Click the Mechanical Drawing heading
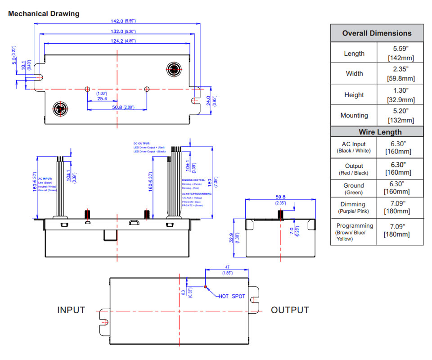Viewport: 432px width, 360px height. (44, 13)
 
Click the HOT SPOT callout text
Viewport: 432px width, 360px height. (232, 296)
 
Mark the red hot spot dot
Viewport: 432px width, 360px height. (205, 287)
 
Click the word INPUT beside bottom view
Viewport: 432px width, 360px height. (71, 310)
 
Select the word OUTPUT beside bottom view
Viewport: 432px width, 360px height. (290, 310)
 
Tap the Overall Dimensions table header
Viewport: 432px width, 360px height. (377, 33)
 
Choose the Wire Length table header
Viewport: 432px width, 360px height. (377, 132)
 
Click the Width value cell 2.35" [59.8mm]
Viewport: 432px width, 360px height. (400, 74)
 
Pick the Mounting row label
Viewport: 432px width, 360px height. (354, 115)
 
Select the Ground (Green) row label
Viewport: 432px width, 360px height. (354, 189)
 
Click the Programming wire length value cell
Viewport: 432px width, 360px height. (400, 229)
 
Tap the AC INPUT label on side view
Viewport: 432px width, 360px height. (46, 179)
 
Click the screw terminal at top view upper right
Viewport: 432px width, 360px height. (173, 69)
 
